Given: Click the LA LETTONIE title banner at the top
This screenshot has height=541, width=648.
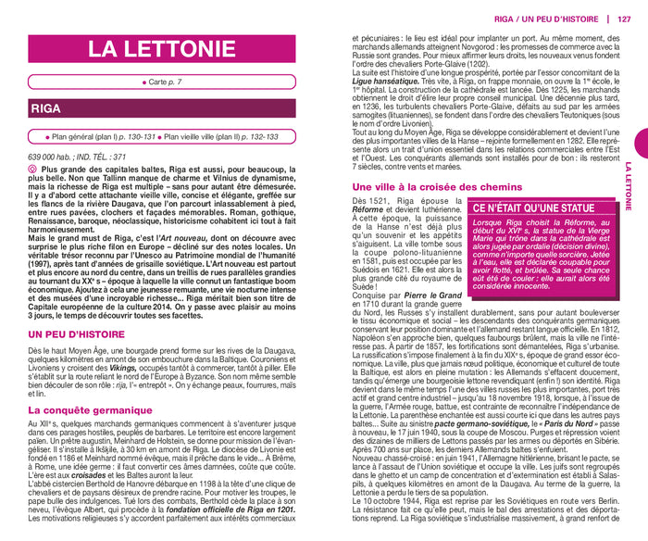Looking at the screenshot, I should coord(162,49).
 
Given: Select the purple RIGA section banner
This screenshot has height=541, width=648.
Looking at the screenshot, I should coord(162,109).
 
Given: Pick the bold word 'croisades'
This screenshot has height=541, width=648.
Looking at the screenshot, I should coord(92,476).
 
